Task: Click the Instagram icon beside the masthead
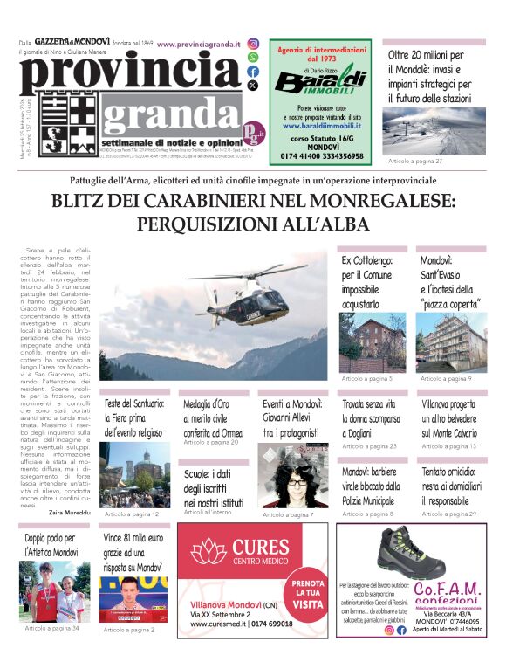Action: click(x=253, y=44)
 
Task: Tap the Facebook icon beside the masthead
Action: click(x=253, y=72)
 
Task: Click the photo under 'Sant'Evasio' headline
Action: click(x=452, y=342)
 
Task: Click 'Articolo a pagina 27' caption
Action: click(x=415, y=162)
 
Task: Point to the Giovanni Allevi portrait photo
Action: click(x=292, y=477)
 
